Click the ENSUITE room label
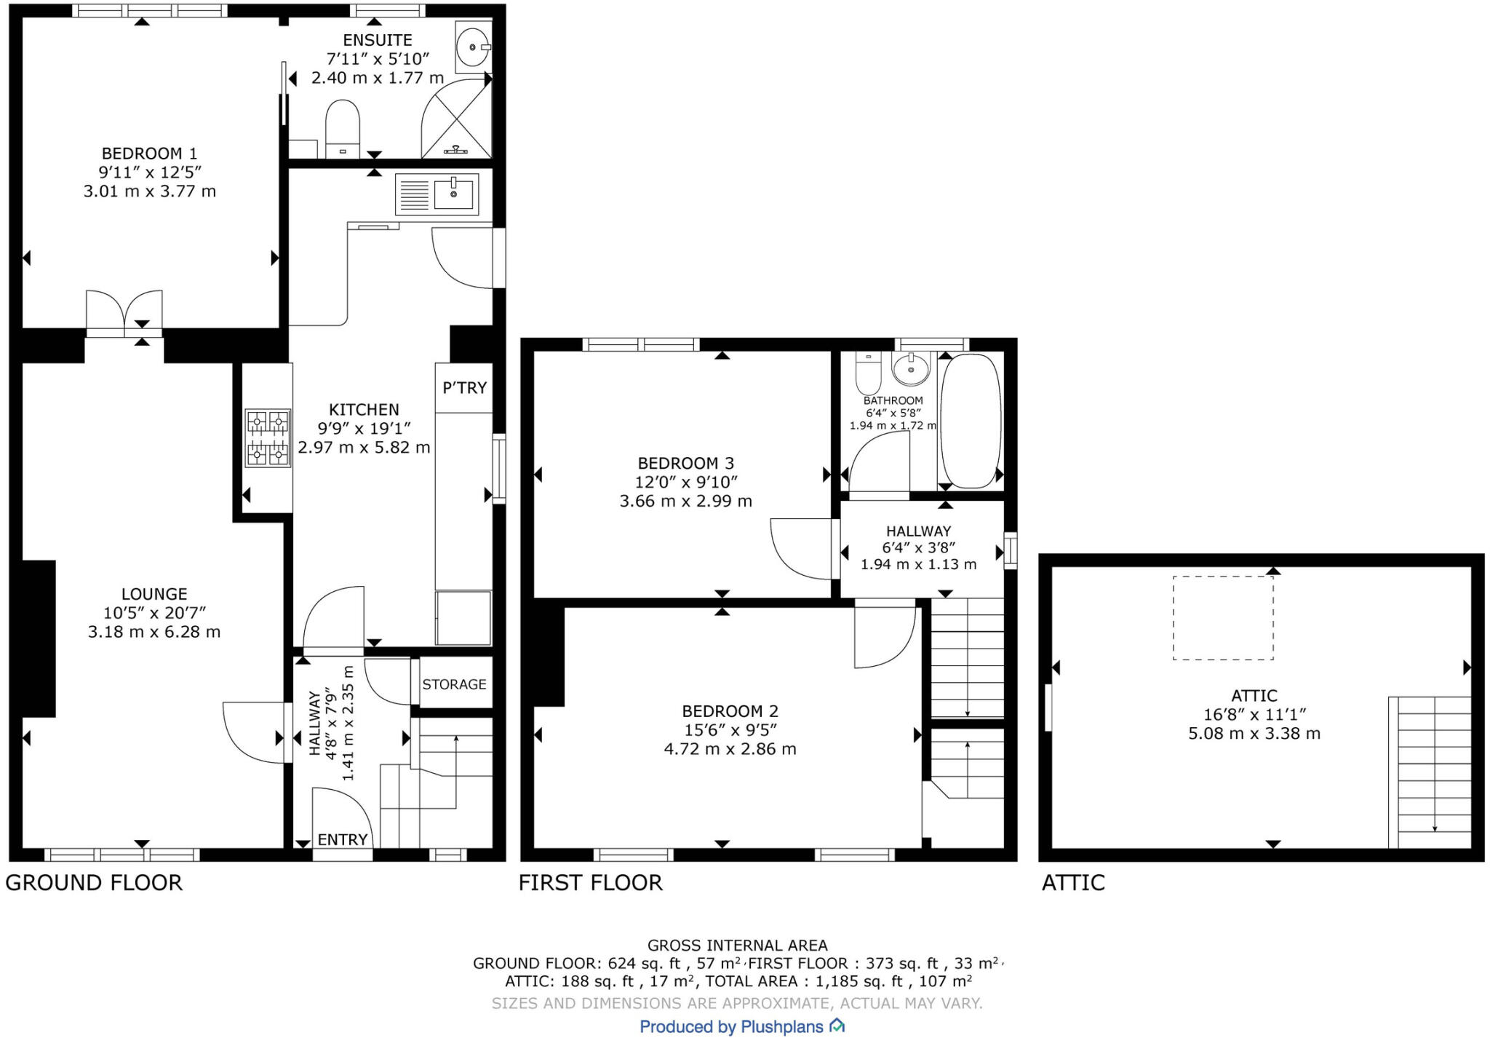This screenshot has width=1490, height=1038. pyautogui.click(x=378, y=40)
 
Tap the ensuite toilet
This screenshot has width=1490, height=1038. pyautogui.click(x=343, y=129)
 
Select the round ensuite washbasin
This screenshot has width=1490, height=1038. pyautogui.click(x=474, y=47)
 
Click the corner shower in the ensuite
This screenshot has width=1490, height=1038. pyautogui.click(x=457, y=118)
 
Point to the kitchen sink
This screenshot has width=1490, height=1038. pyautogui.click(x=437, y=194)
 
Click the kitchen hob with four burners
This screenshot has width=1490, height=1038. pyautogui.click(x=268, y=437)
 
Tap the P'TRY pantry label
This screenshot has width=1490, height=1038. pyautogui.click(x=464, y=388)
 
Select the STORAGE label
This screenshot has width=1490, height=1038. pyautogui.click(x=454, y=684)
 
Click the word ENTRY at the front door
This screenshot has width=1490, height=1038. pyautogui.click(x=343, y=839)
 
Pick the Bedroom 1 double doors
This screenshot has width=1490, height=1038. pyautogui.click(x=124, y=313)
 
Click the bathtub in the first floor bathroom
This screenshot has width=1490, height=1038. pyautogui.click(x=971, y=421)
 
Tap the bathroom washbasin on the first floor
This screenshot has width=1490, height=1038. pyautogui.click(x=910, y=370)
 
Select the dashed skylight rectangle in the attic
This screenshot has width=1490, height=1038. pyautogui.click(x=1223, y=618)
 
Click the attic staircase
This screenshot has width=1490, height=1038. pyautogui.click(x=1430, y=772)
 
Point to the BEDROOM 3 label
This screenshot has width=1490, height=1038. pyautogui.click(x=685, y=463)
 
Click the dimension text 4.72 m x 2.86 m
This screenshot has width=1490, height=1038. pyautogui.click(x=730, y=749)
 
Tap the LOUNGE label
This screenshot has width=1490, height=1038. pyautogui.click(x=154, y=594)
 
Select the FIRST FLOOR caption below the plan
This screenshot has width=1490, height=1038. pyautogui.click(x=591, y=883)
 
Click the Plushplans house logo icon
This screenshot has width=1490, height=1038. pyautogui.click(x=837, y=1026)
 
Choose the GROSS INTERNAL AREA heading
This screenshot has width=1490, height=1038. pyautogui.click(x=738, y=946)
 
